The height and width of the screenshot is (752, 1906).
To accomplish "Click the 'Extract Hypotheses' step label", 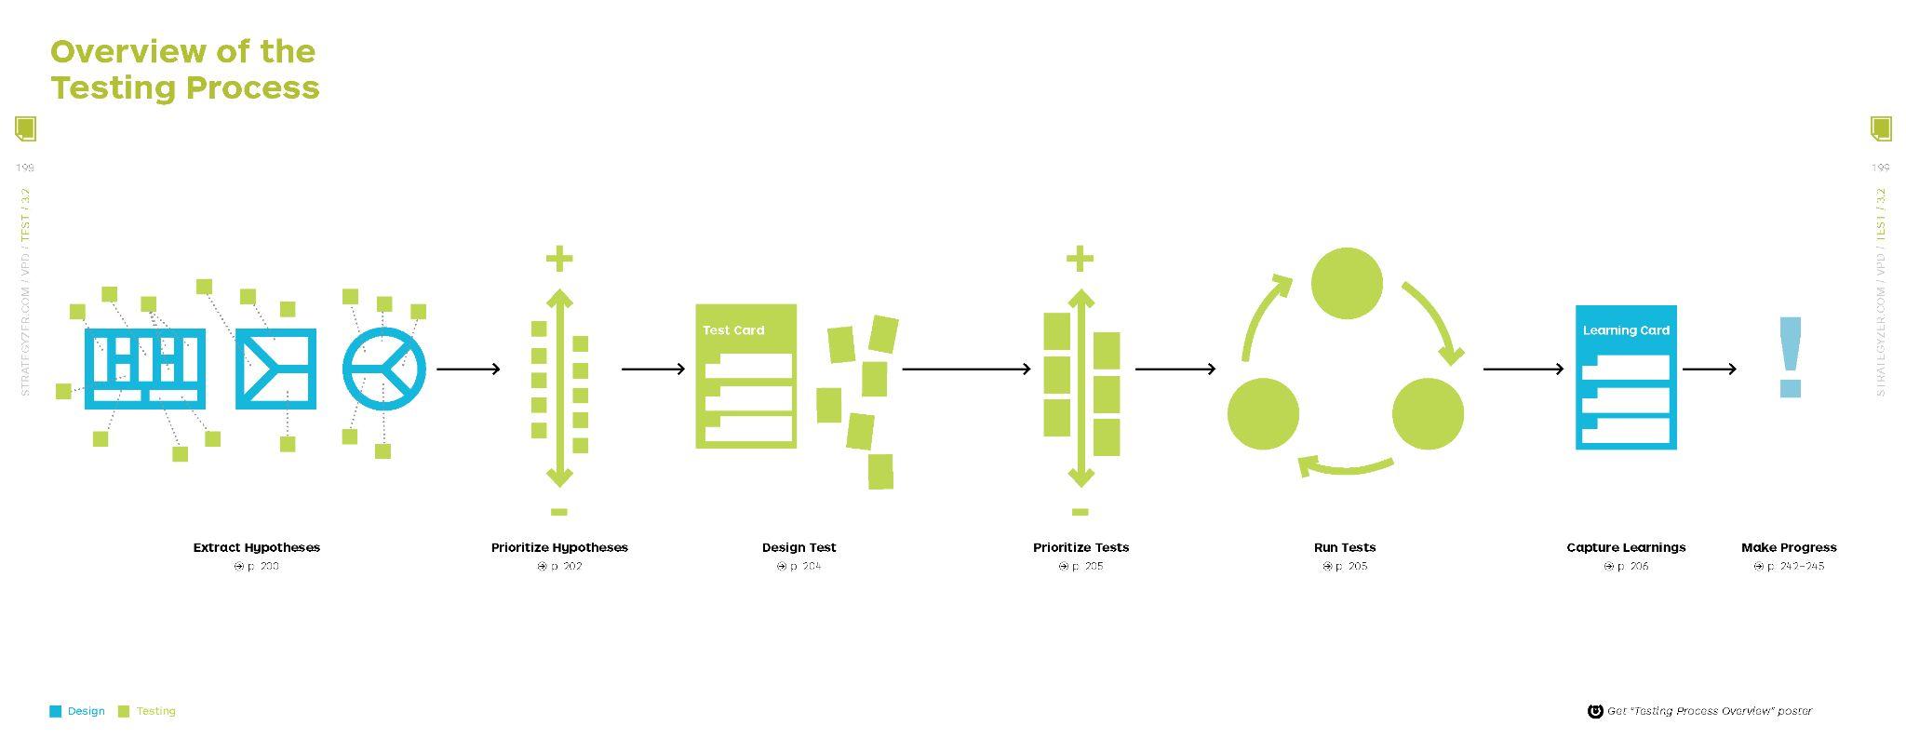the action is click(x=256, y=547).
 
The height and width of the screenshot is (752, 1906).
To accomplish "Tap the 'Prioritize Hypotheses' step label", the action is click(x=559, y=547).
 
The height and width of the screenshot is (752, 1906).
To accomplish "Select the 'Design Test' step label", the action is click(x=799, y=547).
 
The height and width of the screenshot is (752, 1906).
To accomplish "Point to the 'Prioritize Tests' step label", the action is click(x=1081, y=547).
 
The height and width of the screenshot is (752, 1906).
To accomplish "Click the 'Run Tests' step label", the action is click(x=1345, y=547).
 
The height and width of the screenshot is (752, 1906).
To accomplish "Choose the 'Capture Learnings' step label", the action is click(x=1626, y=547).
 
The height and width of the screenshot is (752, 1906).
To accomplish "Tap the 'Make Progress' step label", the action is click(x=1789, y=547).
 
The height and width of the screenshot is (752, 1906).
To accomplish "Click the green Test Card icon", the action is click(x=746, y=376).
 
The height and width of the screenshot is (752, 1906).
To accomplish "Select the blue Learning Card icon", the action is click(x=1626, y=377).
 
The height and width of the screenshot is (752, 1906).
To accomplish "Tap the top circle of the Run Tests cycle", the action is click(x=1347, y=283).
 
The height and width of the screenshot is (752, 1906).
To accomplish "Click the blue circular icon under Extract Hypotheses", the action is click(x=384, y=369).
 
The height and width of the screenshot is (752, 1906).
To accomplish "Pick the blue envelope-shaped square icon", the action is click(x=275, y=369).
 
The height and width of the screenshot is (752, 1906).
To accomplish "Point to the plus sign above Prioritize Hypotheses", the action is click(x=559, y=259).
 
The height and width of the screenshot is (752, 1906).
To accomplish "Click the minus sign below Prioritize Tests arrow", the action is click(x=1081, y=512).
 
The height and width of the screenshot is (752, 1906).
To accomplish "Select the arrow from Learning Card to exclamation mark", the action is click(x=1709, y=369).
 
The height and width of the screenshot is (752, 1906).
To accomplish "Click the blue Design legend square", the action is click(x=56, y=712).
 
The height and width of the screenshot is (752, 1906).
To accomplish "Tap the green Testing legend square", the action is click(x=124, y=712).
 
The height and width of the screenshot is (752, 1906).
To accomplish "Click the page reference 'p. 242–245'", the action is click(x=1794, y=566).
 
